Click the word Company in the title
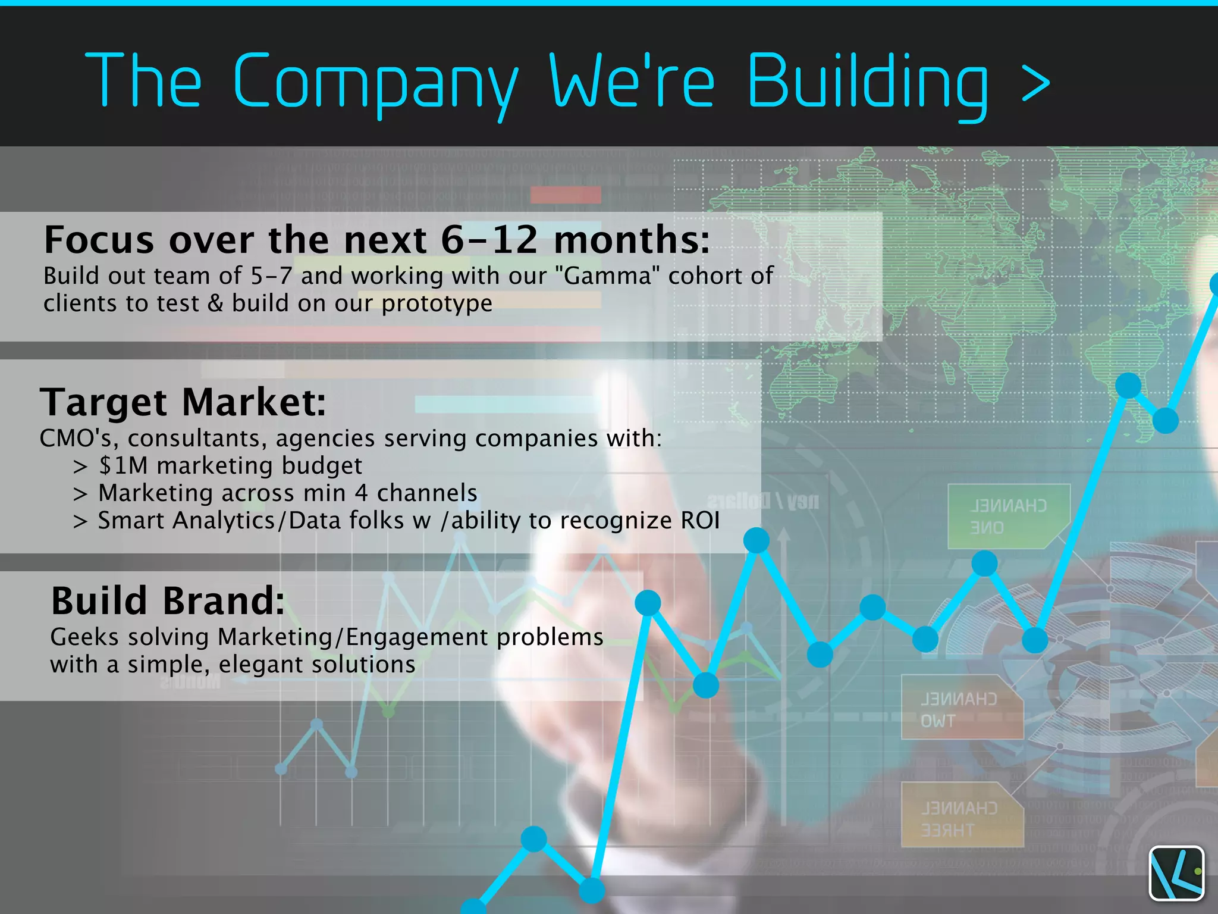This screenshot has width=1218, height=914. (x=375, y=82)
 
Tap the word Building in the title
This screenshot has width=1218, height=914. (x=867, y=82)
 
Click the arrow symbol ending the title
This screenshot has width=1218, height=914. (x=1035, y=84)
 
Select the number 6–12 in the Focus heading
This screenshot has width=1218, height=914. (x=489, y=240)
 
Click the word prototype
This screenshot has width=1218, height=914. (x=437, y=303)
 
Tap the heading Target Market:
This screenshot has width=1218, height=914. (x=183, y=402)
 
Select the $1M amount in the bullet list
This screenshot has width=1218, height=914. (x=123, y=465)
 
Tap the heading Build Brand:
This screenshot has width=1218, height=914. (x=168, y=600)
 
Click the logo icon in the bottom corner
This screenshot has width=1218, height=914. (x=1176, y=873)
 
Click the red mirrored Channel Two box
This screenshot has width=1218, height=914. (x=960, y=708)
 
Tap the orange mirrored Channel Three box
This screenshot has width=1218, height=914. (x=960, y=815)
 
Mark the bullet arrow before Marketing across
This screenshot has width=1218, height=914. (x=80, y=494)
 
